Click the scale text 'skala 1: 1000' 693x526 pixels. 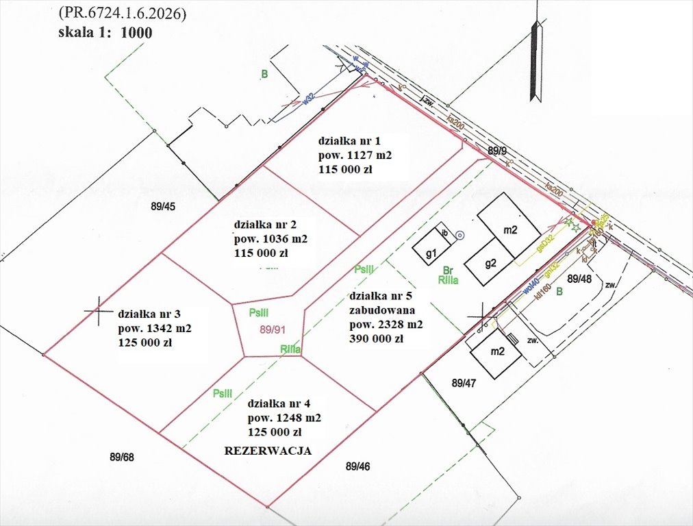tap(105, 32)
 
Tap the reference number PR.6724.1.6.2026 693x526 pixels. tap(122, 12)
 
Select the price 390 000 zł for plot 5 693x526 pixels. tap(377, 338)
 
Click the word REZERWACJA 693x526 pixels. tap(268, 451)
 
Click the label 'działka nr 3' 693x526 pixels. tap(149, 314)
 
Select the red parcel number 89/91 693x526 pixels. tap(272, 329)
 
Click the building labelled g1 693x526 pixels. tap(431, 255)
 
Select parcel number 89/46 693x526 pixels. tap(358, 466)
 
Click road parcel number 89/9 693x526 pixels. tap(497, 149)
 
